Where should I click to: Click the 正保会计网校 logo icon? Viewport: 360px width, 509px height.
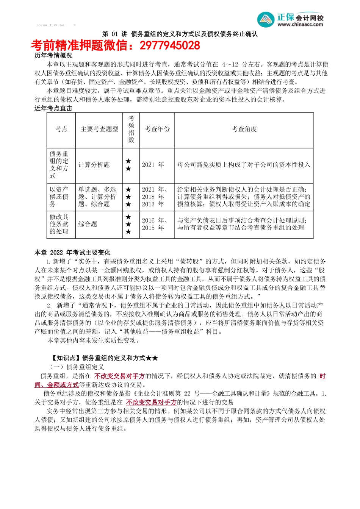pyautogui.click(x=266, y=19)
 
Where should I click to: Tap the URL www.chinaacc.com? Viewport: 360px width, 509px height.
pyautogui.click(x=300, y=25)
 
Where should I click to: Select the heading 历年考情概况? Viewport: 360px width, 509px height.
pyautogui.click(x=53, y=55)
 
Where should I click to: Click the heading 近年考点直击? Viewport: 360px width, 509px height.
pyautogui.click(x=53, y=108)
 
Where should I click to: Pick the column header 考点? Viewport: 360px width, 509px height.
pyautogui.click(x=61, y=129)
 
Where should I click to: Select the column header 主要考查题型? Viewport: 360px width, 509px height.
pyautogui.click(x=99, y=129)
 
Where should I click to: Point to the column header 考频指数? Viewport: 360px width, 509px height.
pyautogui.click(x=131, y=129)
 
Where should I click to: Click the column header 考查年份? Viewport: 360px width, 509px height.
pyautogui.click(x=157, y=129)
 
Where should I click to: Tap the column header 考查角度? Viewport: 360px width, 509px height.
pyautogui.click(x=244, y=129)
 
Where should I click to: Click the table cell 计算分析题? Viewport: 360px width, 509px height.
pyautogui.click(x=94, y=165)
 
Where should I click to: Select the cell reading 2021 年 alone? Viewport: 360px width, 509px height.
pyautogui.click(x=153, y=165)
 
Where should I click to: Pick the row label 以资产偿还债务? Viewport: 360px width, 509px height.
pyautogui.click(x=59, y=197)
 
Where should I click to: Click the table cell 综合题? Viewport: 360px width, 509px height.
pyautogui.click(x=88, y=224)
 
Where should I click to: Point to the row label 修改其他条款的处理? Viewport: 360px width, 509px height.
pyautogui.click(x=59, y=224)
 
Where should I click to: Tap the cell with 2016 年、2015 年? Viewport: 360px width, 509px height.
pyautogui.click(x=155, y=224)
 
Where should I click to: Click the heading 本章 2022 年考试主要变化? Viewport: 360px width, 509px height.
pyautogui.click(x=72, y=253)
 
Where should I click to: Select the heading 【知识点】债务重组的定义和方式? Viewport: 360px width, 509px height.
pyautogui.click(x=104, y=358)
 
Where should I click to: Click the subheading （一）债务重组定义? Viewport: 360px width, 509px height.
pyautogui.click(x=77, y=367)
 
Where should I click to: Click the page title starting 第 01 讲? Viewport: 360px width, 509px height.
pyautogui.click(x=180, y=34)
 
